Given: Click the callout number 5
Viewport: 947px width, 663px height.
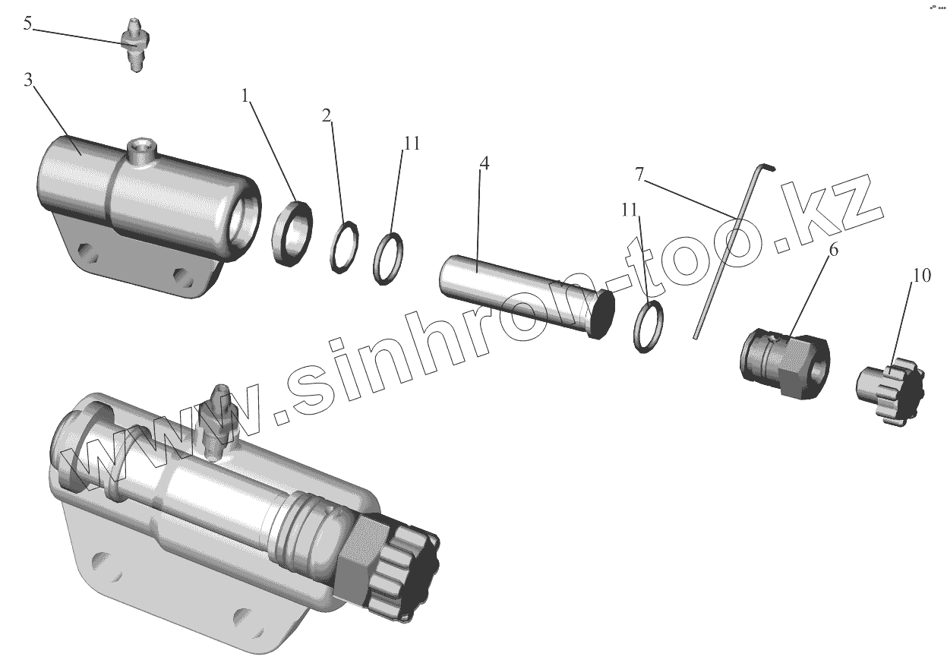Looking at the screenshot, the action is click(27, 24).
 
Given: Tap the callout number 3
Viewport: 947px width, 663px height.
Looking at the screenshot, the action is click(28, 80).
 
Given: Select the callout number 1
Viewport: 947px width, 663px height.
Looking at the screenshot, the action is click(245, 96).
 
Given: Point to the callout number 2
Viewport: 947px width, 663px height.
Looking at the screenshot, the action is click(327, 115).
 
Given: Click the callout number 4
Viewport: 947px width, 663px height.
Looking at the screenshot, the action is click(485, 163).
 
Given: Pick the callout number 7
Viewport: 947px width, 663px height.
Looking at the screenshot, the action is click(639, 174).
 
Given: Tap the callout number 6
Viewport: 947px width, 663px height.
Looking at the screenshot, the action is click(833, 249).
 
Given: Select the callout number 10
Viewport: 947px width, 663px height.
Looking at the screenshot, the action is click(922, 276).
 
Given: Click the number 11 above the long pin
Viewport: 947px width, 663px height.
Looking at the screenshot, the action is click(412, 144).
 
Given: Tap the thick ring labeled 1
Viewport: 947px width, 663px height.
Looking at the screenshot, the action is click(292, 234).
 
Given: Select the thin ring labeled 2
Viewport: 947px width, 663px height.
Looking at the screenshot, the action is click(345, 248).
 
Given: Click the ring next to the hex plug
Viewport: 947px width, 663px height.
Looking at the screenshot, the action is click(648, 326).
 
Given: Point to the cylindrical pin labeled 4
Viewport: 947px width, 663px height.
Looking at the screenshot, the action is click(526, 297).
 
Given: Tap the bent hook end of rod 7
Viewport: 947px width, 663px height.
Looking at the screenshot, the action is click(767, 167).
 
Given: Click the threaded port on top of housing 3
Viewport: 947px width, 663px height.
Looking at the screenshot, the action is click(141, 152).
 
